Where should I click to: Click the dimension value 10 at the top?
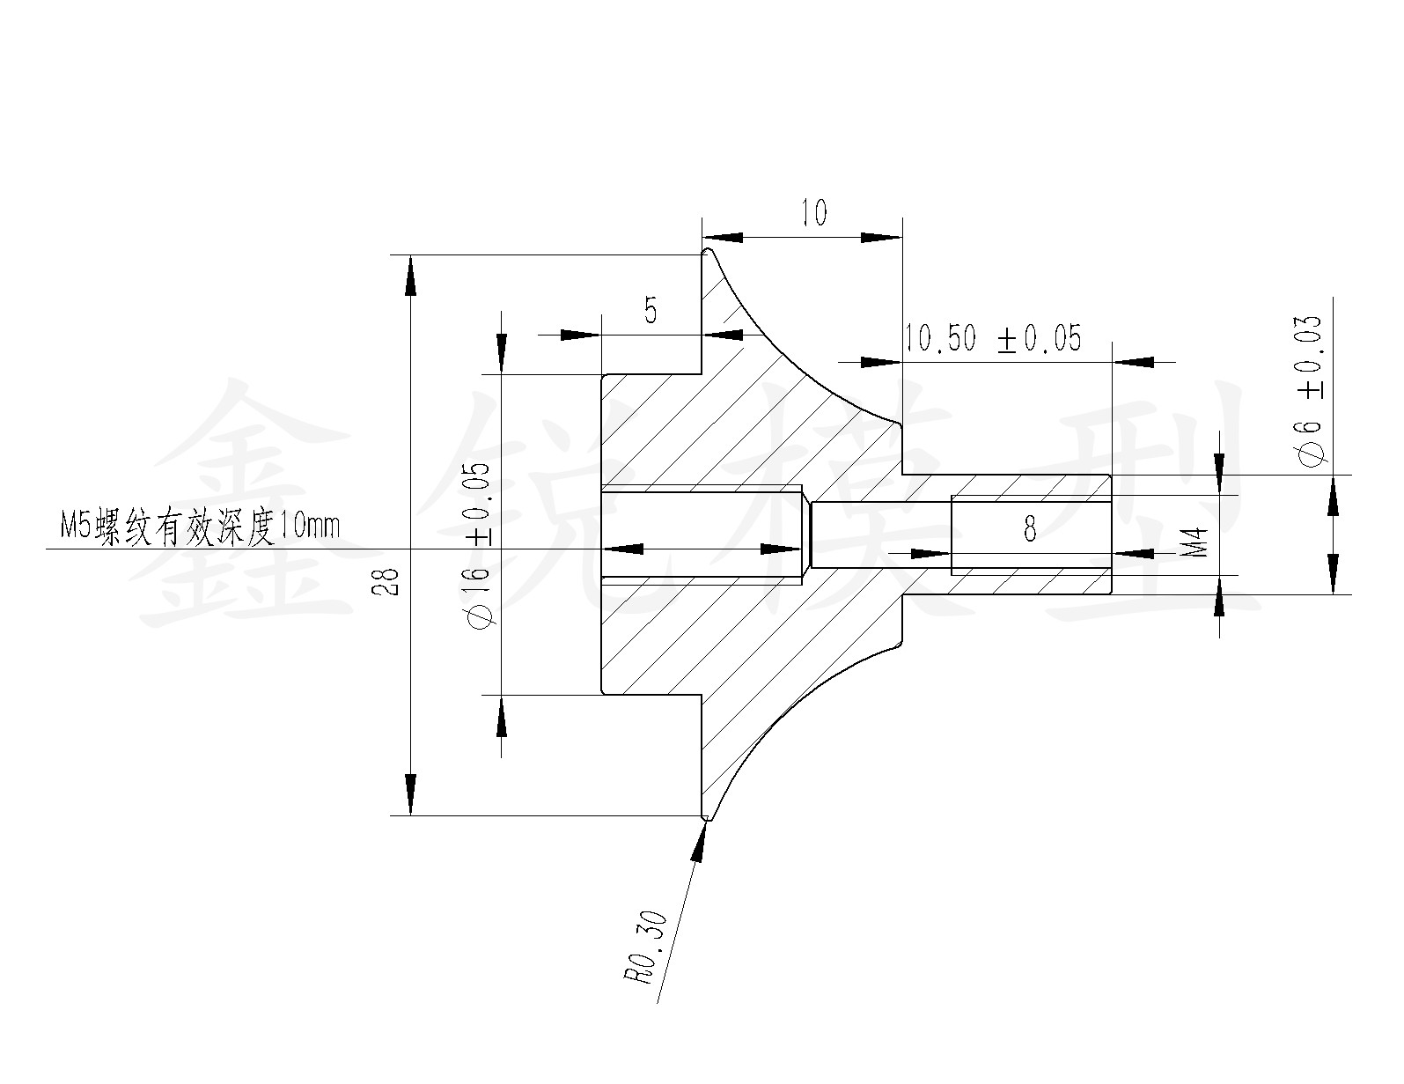[x=815, y=213]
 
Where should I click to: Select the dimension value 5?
[x=651, y=311]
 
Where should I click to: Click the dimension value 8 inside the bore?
[x=1030, y=529]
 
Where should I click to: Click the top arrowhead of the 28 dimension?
[x=410, y=273]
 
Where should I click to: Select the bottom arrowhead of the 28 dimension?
[x=410, y=797]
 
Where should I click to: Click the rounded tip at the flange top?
[x=706, y=253]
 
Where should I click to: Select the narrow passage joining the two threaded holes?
[x=880, y=535]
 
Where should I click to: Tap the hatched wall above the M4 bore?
[x=1030, y=486]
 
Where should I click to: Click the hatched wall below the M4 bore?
[x=1030, y=582]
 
